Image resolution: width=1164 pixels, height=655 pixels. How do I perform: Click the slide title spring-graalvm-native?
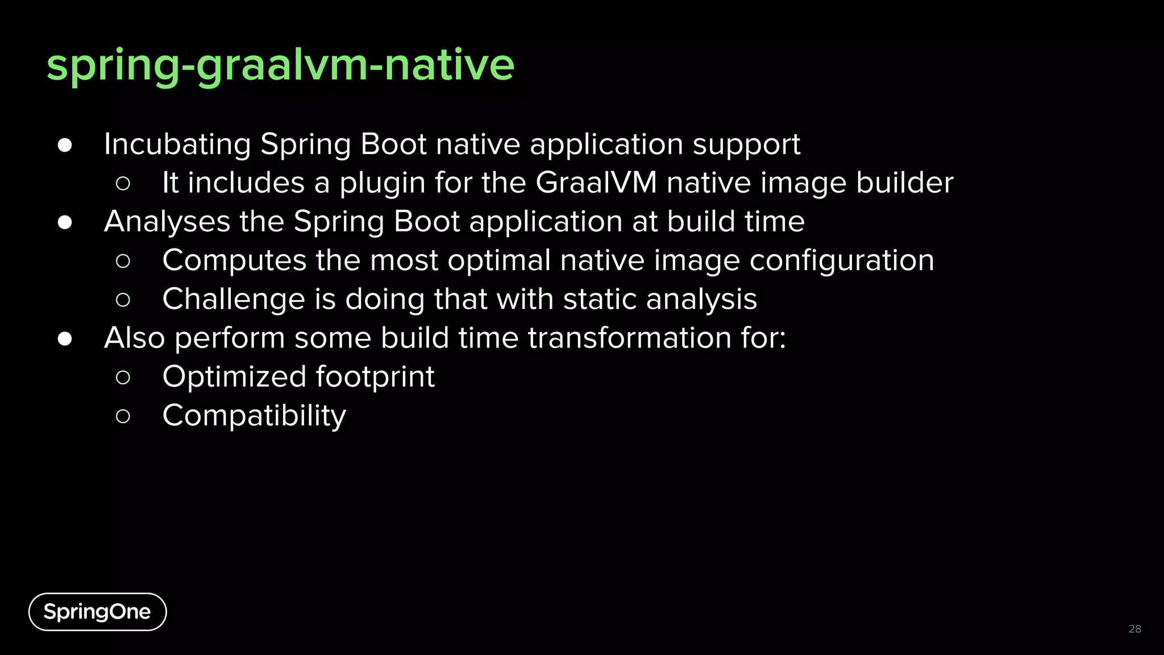coord(280,65)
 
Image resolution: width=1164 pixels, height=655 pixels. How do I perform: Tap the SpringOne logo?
coord(97,612)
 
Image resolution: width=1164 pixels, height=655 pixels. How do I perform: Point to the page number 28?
coord(1134,629)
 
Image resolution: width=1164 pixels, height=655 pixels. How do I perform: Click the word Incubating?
coord(177,144)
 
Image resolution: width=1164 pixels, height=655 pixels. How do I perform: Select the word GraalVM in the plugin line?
coord(596,183)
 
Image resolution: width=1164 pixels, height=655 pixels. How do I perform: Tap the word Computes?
coord(234,261)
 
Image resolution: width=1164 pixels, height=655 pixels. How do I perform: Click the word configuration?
coord(841,261)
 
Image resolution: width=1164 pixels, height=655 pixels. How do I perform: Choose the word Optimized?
coord(234,377)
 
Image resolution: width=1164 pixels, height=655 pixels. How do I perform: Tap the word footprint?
coord(375,377)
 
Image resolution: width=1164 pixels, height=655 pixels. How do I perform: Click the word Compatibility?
coord(254,416)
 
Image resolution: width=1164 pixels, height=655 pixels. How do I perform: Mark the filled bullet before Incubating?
coord(65,145)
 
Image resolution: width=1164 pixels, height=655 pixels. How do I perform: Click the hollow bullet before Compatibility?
coord(123,416)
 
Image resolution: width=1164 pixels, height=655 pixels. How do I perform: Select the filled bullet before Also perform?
coord(65,338)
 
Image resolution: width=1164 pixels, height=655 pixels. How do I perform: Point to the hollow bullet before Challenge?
coord(123,300)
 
